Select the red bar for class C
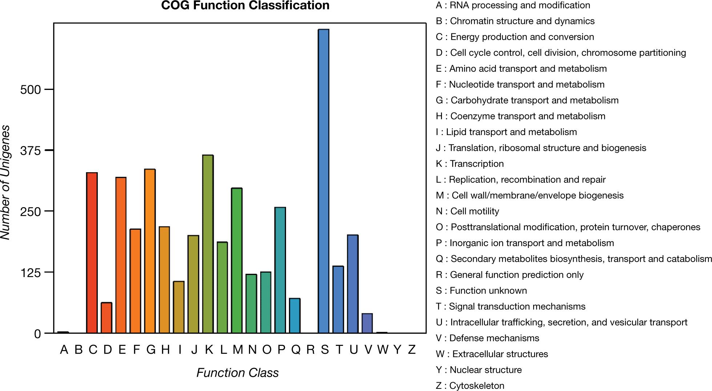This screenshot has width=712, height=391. coord(92,253)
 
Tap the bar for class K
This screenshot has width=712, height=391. coord(208,244)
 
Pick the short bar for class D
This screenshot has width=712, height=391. coord(106,317)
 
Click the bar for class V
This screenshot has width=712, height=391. coord(367,323)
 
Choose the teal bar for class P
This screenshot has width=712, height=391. coord(280,270)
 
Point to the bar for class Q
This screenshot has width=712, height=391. coord(295,316)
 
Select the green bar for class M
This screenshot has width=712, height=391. coord(237,260)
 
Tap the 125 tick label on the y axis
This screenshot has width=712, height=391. coord(31,273)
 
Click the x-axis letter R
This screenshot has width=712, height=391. coord(310,349)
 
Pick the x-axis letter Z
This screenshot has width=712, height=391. coord(411,349)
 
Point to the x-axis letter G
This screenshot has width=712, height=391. coord(151,349)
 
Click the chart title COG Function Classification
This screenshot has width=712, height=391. coord(245,5)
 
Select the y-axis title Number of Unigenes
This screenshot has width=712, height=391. coord(5,182)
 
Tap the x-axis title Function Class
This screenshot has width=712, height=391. coord(238,373)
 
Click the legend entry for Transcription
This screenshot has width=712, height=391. coord(470,164)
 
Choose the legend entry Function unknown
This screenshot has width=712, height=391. coord(481,291)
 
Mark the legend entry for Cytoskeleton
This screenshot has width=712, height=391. coord(470,386)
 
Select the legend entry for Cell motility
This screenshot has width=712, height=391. coord(467,211)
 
